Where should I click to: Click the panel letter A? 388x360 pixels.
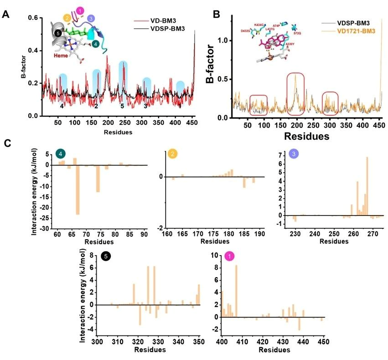tap(6, 14)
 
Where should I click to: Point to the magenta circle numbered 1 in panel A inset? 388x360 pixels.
tap(80, 10)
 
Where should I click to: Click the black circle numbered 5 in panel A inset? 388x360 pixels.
tap(57, 33)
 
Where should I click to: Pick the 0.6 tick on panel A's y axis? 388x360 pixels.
tap(34, 18)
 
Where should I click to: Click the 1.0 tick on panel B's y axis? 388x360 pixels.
tap(229, 40)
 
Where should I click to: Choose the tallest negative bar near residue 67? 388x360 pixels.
tap(78, 190)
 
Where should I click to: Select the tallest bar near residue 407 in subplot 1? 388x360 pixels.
tap(236, 291)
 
